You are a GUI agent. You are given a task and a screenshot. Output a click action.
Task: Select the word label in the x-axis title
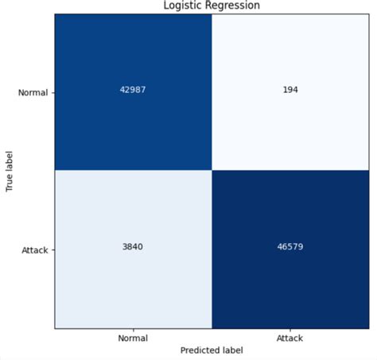[231, 350]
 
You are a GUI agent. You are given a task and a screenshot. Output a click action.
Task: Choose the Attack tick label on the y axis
[35, 250]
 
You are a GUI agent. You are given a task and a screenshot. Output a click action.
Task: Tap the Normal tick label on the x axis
[133, 338]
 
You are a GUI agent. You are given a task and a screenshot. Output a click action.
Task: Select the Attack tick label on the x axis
[290, 338]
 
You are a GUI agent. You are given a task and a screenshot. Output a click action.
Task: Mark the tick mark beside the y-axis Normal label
[52, 93]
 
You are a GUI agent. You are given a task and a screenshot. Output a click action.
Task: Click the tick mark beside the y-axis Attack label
[52, 250]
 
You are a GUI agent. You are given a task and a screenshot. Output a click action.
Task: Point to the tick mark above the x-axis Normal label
[133, 329]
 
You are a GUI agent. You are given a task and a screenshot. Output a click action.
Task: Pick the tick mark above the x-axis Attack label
[290, 329]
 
